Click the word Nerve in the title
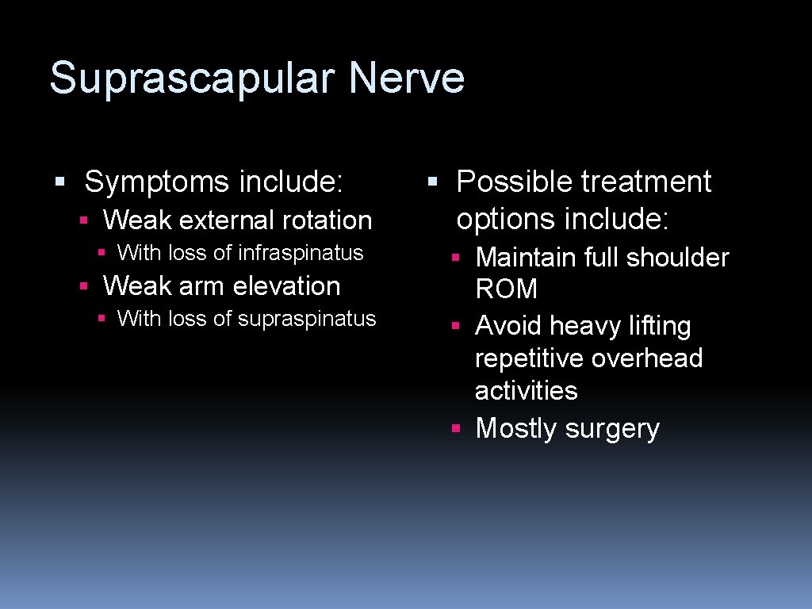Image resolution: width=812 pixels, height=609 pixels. click(406, 79)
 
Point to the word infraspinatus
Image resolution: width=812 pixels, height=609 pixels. click(301, 253)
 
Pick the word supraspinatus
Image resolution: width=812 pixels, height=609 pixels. click(307, 319)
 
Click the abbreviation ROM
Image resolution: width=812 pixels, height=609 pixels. click(506, 289)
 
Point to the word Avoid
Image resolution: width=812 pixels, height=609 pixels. click(508, 326)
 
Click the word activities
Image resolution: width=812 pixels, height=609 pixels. click(526, 390)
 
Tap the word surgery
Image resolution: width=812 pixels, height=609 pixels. click(612, 429)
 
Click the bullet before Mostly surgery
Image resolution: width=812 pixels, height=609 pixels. click(455, 428)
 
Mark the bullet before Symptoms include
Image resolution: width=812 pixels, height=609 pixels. click(59, 182)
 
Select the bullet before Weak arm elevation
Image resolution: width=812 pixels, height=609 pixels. click(83, 285)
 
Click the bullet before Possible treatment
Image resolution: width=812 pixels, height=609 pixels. click(432, 182)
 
